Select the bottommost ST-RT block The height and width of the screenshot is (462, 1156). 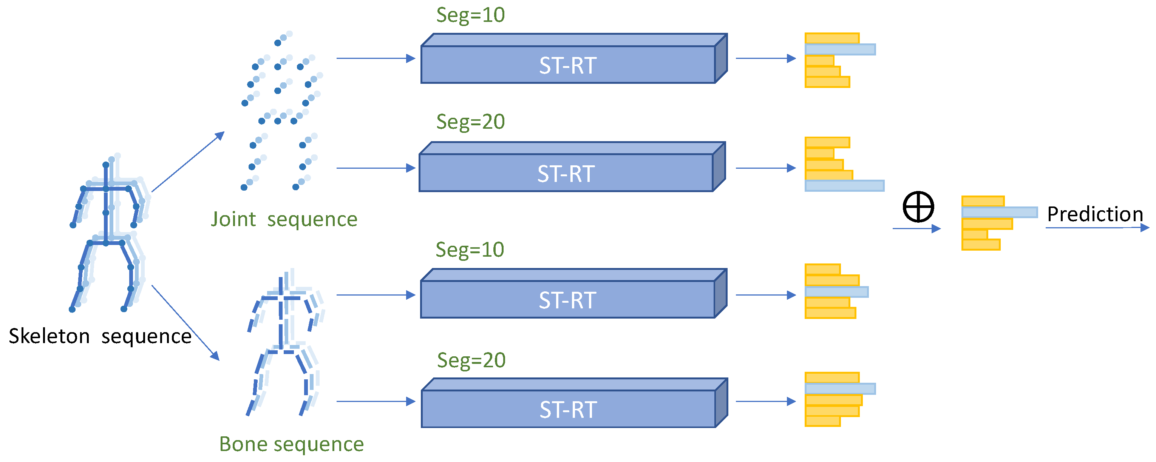[x=568, y=409]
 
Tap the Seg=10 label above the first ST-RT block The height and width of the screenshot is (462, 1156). [x=470, y=15]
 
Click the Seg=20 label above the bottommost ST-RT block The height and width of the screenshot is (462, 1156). [x=471, y=360]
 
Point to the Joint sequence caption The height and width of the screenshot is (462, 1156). [x=284, y=219]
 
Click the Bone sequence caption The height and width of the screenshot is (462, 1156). [x=291, y=444]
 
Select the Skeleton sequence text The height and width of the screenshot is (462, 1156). [x=100, y=336]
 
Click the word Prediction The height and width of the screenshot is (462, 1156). [x=1095, y=214]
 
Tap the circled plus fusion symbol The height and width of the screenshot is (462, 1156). [x=918, y=207]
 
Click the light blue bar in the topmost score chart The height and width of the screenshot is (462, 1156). [x=840, y=49]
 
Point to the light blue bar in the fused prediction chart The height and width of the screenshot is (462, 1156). [x=999, y=212]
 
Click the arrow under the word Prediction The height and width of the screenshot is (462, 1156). [x=1097, y=228]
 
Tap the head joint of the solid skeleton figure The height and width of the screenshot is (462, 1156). [x=106, y=165]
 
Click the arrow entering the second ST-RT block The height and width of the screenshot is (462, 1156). [x=376, y=168]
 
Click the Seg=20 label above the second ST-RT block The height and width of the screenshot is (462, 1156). [x=470, y=122]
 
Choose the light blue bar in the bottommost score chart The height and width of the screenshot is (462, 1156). [x=840, y=388]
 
